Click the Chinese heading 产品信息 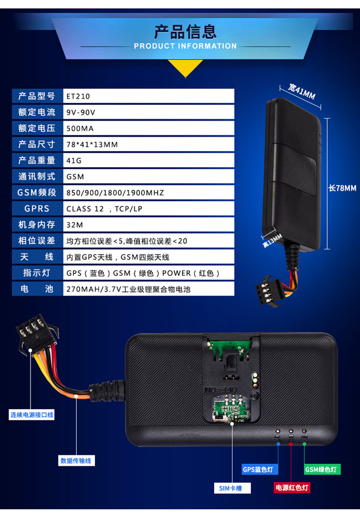pos(185,31)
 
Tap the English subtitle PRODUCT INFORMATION pos(185,46)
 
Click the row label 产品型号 pos(37,96)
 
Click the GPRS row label pos(37,208)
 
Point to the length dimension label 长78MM pos(342,188)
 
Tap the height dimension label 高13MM pos(272,240)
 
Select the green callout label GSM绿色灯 pos(322,469)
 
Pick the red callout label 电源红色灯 pos(292,488)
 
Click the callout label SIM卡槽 pos(228,489)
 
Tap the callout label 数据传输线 pos(76,461)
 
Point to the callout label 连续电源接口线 pos(32,415)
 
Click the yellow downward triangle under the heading pos(185,69)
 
